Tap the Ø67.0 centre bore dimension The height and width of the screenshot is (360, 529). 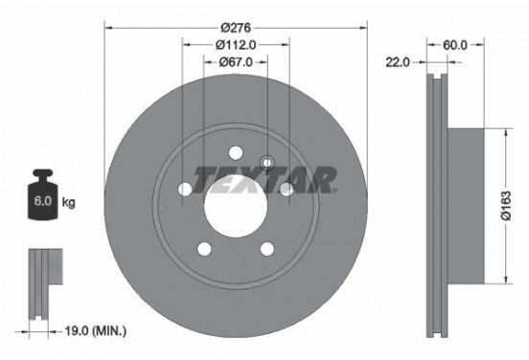coord(235,62)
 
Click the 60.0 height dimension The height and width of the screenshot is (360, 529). coord(454,43)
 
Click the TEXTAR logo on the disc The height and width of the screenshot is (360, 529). coord(264,178)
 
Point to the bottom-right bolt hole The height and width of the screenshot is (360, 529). coord(265,248)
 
